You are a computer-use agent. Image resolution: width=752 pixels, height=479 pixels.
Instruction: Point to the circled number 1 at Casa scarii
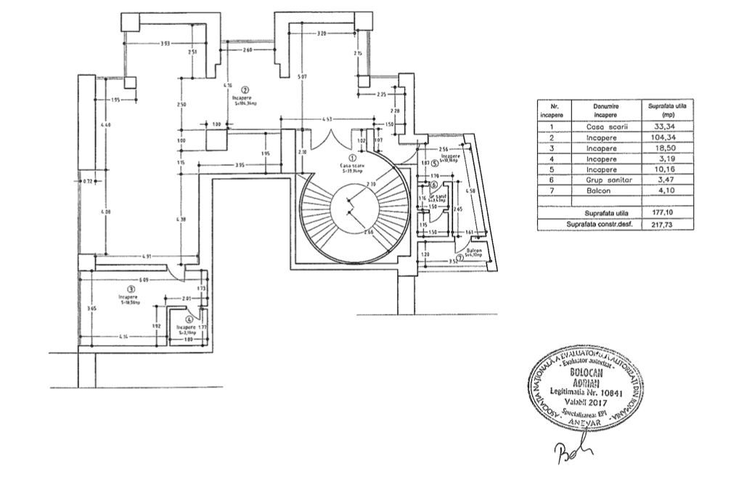[x=352, y=156]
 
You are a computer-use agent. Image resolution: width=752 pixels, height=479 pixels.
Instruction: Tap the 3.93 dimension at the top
[x=165, y=44]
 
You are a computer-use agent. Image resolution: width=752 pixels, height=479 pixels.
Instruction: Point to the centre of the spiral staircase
[x=351, y=212]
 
